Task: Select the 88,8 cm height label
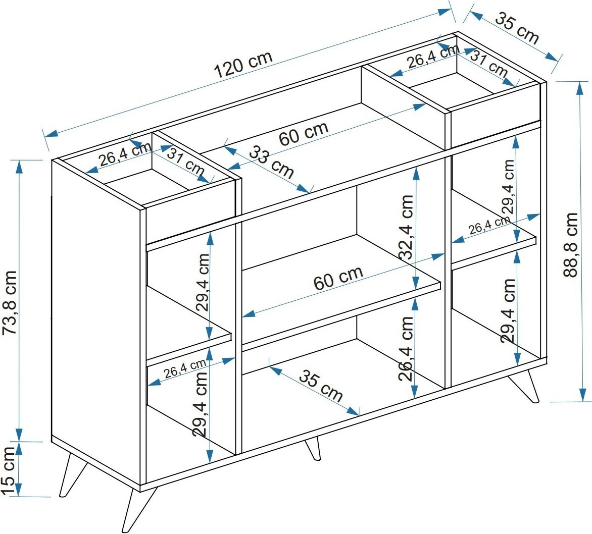[x=571, y=245]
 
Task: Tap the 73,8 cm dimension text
[x=10, y=302]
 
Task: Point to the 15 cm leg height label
[x=9, y=470]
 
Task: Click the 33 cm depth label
[x=271, y=162]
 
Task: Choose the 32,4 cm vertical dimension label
[x=406, y=227]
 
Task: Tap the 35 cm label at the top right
[x=517, y=28]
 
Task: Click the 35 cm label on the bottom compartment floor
[x=321, y=385]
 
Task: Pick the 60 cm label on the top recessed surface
[x=304, y=133]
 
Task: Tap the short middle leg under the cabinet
[x=313, y=448]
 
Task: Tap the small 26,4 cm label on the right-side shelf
[x=489, y=226]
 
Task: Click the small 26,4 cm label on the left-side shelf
[x=185, y=369]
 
